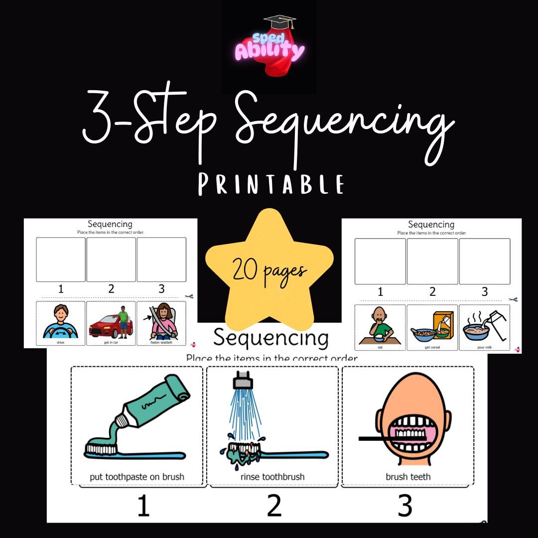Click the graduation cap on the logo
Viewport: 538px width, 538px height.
point(279,22)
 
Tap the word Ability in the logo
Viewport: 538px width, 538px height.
point(269,51)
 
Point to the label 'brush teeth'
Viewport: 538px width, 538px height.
point(408,477)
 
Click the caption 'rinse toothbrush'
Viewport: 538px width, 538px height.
point(272,477)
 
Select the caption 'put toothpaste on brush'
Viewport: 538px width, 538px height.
point(137,477)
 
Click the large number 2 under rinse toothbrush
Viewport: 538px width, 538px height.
point(274,505)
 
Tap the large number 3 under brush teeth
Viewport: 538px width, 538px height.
point(405,505)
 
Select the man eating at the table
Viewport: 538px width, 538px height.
point(380,325)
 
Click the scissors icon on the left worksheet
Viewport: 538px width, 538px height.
point(189,296)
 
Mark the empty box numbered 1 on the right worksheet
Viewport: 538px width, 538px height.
point(380,262)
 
